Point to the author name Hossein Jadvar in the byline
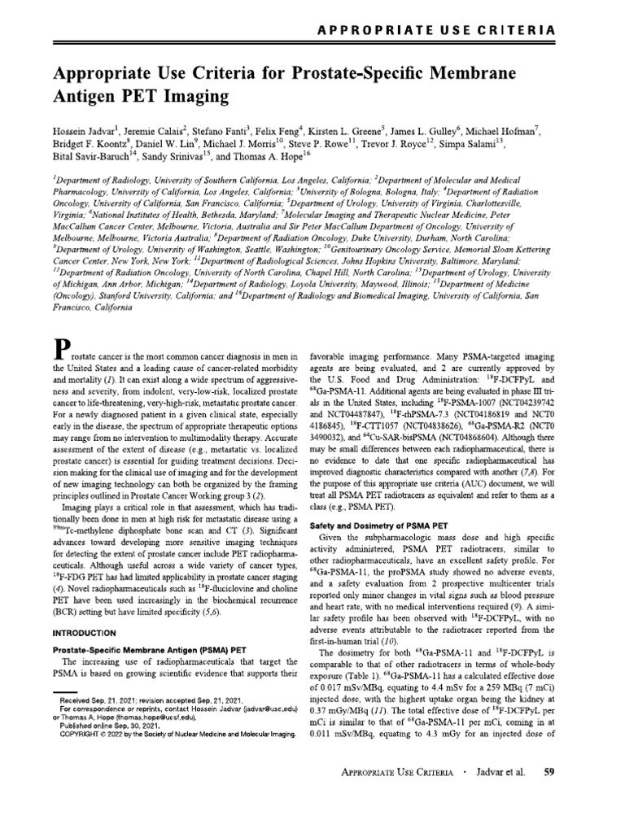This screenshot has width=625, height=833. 87,132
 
